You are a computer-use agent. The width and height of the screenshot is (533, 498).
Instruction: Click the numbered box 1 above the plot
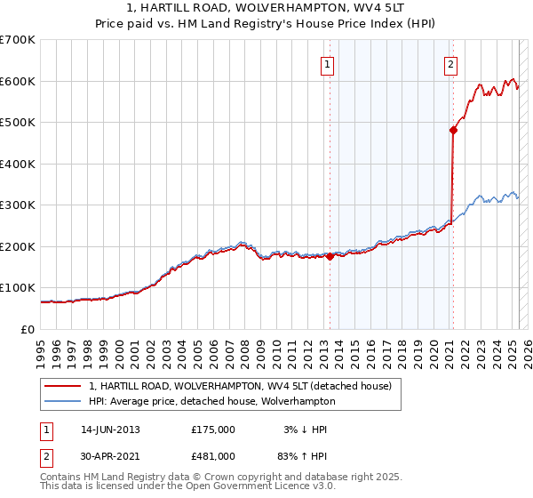pyautogui.click(x=328, y=64)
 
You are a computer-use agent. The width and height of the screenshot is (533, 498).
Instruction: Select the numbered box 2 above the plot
pyautogui.click(x=451, y=64)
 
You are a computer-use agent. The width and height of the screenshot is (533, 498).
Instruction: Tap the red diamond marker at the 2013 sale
pyautogui.click(x=330, y=257)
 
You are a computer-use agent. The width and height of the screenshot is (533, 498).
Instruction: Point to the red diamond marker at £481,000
pyautogui.click(x=453, y=131)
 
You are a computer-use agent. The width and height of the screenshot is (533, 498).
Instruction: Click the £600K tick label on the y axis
pyautogui.click(x=18, y=81)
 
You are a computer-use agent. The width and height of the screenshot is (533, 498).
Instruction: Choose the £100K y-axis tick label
pyautogui.click(x=18, y=288)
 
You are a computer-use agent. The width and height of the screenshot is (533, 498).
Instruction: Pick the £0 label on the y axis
pyautogui.click(x=27, y=329)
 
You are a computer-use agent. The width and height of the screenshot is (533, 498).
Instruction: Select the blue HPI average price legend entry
pyautogui.click(x=211, y=401)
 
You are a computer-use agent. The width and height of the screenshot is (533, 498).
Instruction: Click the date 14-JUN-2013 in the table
pyautogui.click(x=110, y=430)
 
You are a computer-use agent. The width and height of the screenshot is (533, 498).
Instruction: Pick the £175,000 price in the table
pyautogui.click(x=213, y=430)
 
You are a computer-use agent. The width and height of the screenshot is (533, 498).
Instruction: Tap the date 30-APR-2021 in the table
pyautogui.click(x=110, y=456)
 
